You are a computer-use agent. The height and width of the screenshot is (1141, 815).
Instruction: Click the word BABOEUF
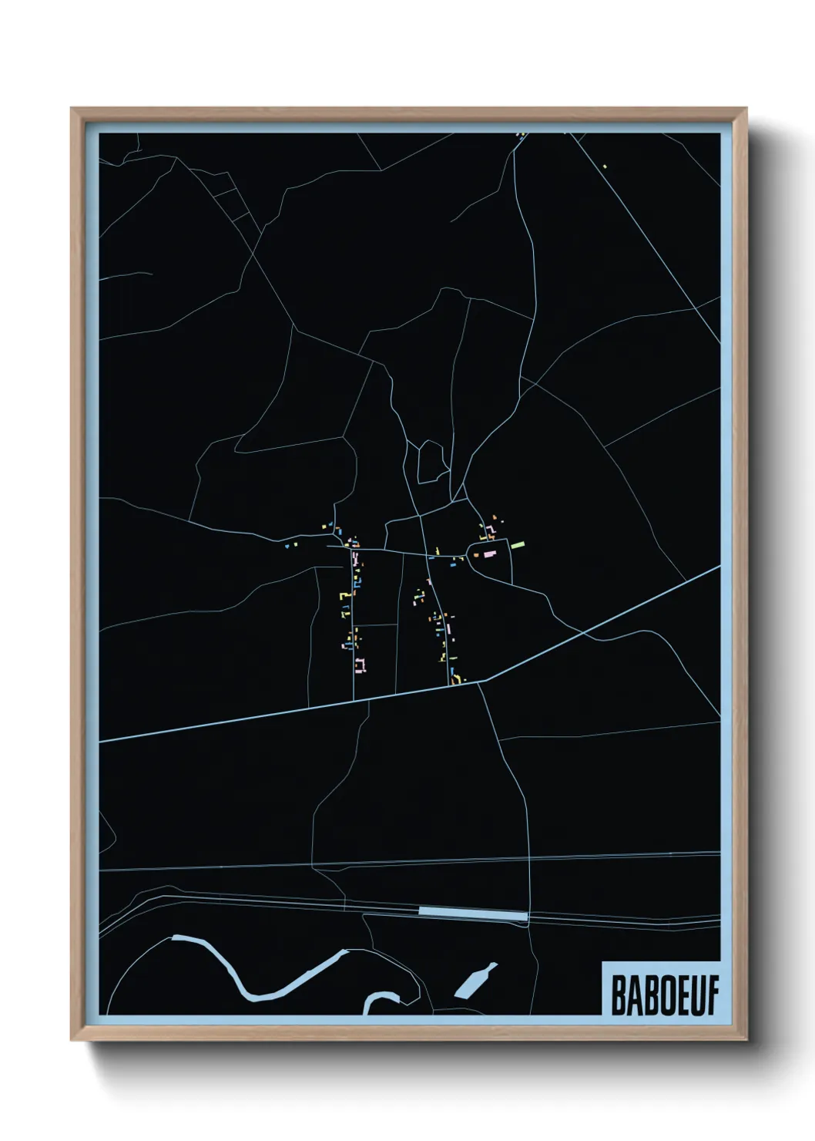point(664,996)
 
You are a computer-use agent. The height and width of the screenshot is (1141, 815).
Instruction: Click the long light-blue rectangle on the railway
point(472,913)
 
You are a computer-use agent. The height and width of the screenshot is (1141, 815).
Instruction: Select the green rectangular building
point(518,544)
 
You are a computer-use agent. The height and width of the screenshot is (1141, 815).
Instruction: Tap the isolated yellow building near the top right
point(605,166)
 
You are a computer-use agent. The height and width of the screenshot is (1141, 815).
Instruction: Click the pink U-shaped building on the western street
point(360,664)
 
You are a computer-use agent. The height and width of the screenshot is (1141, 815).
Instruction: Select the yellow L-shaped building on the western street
point(344,595)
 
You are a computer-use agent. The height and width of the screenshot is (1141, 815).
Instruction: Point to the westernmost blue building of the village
point(287,546)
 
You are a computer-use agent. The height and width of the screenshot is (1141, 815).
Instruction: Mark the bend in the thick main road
point(481,681)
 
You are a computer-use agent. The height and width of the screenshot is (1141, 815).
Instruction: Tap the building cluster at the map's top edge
point(521,136)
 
